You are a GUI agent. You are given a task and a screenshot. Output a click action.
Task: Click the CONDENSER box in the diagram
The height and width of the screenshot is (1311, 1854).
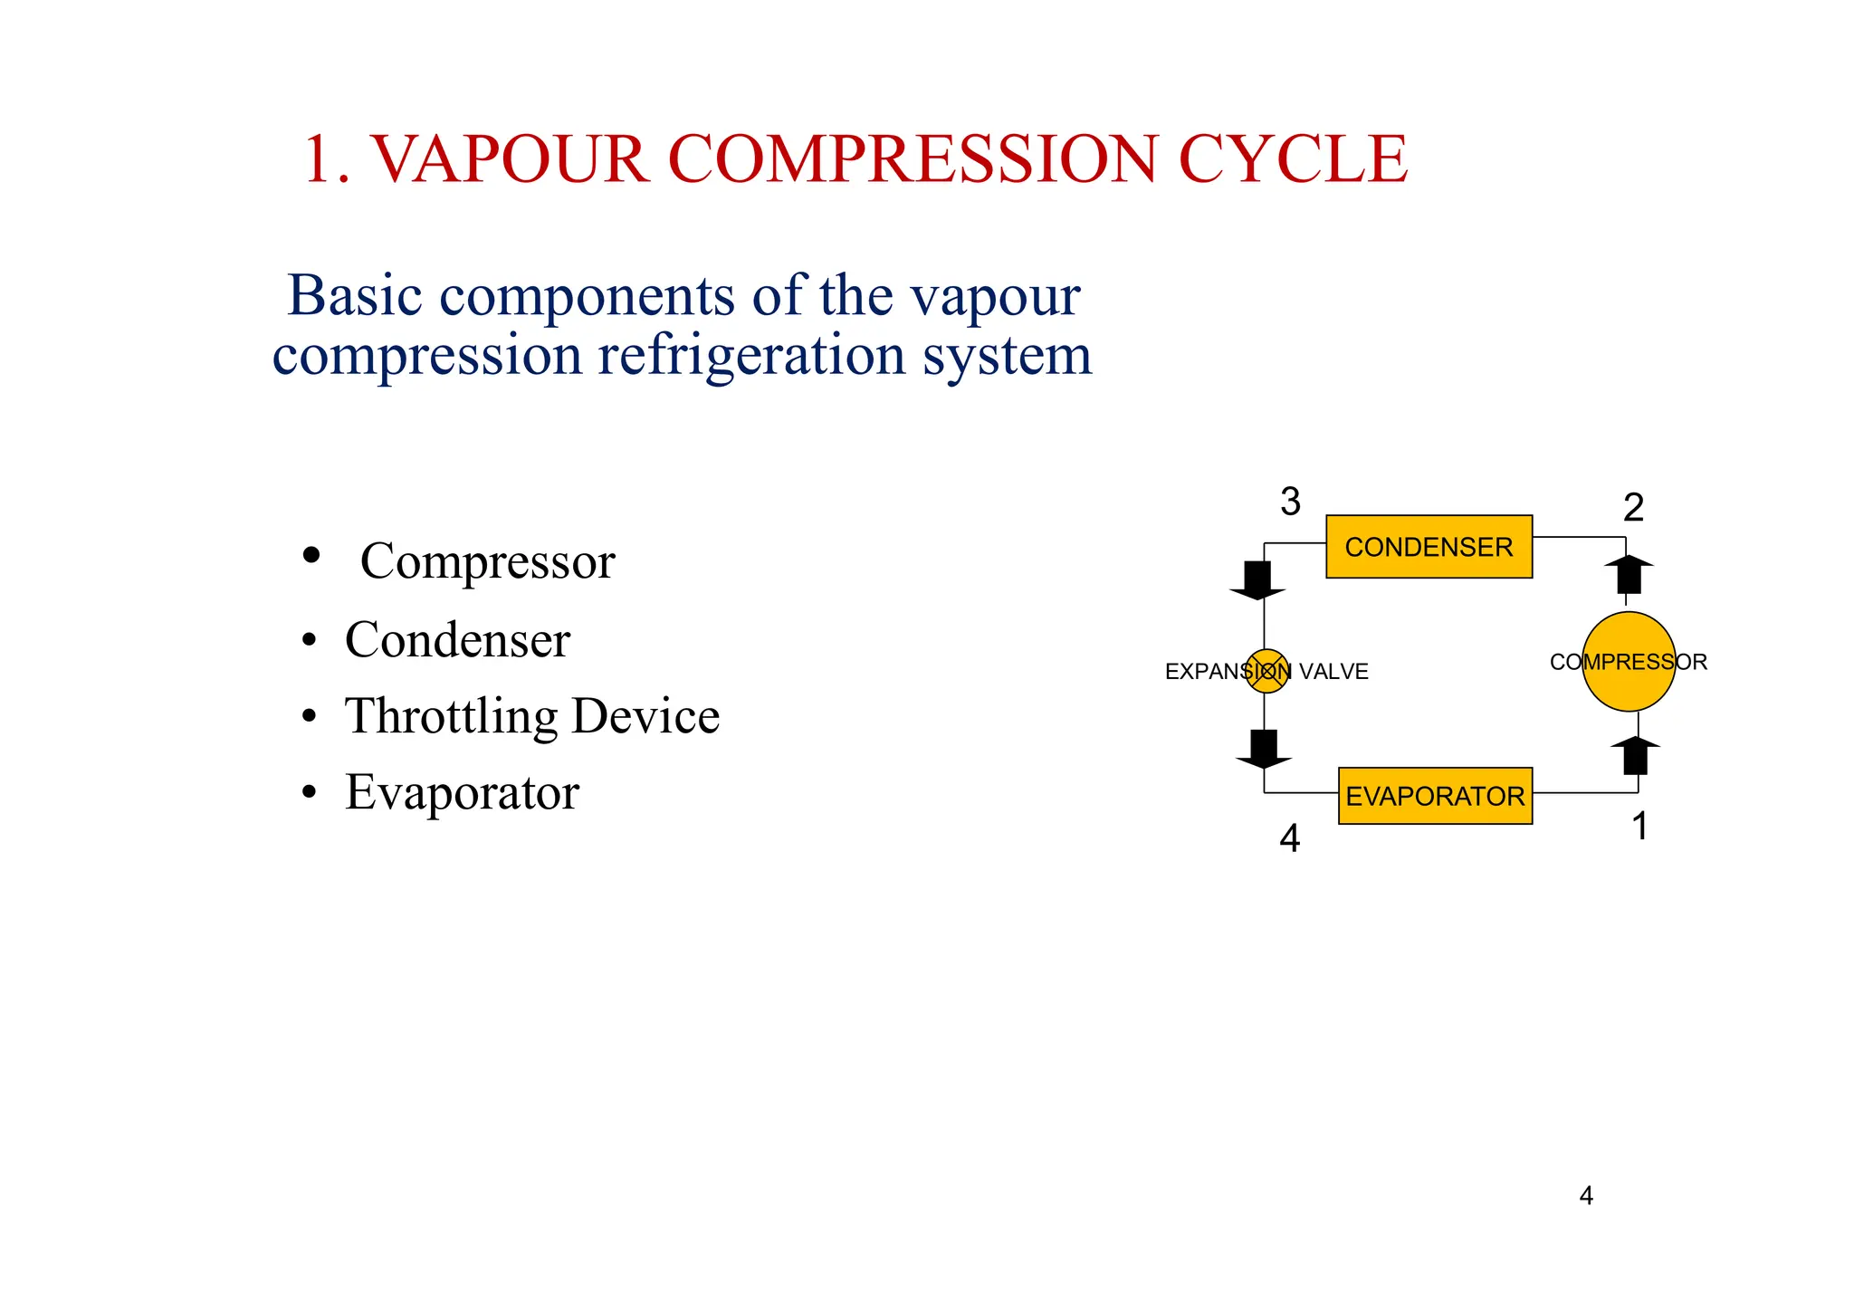(1429, 547)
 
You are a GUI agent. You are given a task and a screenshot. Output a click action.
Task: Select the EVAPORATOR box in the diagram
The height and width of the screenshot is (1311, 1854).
(1435, 796)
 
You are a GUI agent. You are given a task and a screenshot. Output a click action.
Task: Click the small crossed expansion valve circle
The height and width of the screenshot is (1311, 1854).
(1266, 671)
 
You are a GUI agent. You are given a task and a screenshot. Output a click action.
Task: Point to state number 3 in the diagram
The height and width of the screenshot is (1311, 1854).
(1290, 502)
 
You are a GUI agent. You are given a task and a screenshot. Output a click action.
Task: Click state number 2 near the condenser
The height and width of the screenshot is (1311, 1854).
(1633, 508)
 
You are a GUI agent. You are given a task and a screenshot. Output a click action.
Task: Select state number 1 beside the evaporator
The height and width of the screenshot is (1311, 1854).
(1639, 827)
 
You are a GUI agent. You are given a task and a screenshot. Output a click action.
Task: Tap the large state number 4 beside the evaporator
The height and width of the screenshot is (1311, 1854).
(1289, 839)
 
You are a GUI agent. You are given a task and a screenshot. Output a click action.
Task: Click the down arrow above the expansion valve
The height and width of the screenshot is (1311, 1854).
(1257, 580)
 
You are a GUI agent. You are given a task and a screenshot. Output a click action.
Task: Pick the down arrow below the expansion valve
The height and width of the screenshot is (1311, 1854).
(1263, 749)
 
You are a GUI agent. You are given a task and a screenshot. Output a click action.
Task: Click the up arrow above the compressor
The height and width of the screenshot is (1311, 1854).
(1629, 574)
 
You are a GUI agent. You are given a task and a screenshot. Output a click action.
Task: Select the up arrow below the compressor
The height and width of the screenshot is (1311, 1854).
(1635, 755)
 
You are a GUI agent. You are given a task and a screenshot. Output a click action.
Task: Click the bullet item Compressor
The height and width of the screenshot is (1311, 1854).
(487, 561)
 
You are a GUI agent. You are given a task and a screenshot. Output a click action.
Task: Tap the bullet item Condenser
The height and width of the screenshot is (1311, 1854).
(457, 640)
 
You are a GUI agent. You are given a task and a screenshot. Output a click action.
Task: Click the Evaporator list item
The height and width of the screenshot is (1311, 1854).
(462, 792)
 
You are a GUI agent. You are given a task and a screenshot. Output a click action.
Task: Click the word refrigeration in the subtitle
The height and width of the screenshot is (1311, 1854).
(751, 355)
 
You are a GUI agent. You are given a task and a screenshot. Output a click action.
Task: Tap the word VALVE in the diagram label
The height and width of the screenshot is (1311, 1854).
(1333, 672)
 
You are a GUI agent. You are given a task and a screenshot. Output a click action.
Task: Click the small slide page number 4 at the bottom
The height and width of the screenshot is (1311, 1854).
(1586, 1196)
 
